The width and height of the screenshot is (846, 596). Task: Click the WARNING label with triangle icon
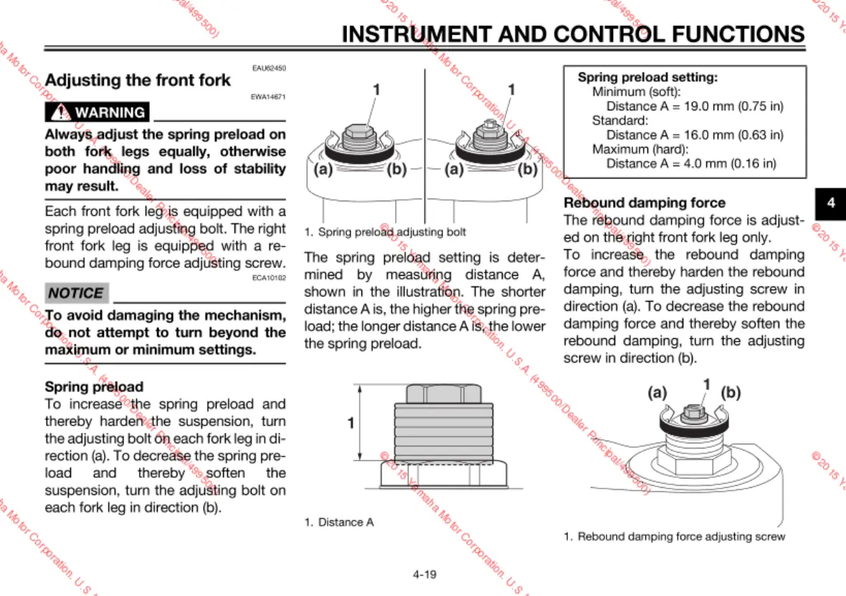(x=98, y=112)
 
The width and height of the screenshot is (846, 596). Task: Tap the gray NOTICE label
(x=77, y=293)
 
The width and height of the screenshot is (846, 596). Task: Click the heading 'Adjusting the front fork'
(x=138, y=80)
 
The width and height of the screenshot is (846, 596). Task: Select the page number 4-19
(x=424, y=574)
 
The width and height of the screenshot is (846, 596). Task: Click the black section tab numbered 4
(x=831, y=203)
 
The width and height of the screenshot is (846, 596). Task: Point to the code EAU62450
(x=269, y=68)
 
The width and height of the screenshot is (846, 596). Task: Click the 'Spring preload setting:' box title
(x=647, y=77)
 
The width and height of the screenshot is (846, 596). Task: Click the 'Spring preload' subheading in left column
(x=94, y=387)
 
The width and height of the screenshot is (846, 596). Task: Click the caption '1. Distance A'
(x=339, y=522)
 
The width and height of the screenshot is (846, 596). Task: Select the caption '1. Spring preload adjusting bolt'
(x=385, y=232)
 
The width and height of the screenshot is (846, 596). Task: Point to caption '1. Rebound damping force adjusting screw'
(x=674, y=537)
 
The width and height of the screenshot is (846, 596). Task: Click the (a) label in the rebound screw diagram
(x=657, y=393)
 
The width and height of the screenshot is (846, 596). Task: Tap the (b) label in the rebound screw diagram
(x=731, y=393)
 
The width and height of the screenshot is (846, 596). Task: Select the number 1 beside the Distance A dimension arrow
(x=351, y=423)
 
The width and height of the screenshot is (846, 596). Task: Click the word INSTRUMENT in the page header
(x=428, y=34)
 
